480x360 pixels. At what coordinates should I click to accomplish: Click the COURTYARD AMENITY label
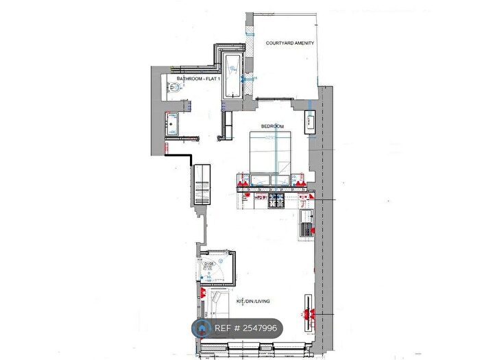[x=289, y=43]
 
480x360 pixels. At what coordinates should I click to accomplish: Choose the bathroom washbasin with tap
[x=172, y=124]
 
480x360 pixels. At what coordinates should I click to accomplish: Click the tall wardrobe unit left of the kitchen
[x=203, y=183]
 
